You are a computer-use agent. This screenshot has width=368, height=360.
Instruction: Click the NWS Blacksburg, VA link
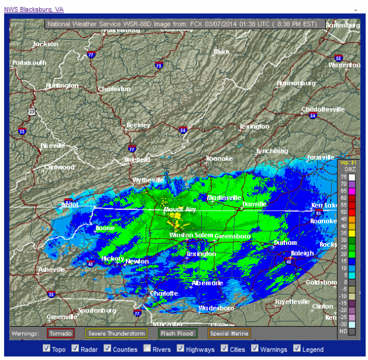coord(33,9)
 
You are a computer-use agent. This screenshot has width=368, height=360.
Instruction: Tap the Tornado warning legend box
coord(61,333)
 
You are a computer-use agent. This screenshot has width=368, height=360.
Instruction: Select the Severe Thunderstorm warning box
coord(116,333)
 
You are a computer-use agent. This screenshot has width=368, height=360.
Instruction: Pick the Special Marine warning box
coord(229,333)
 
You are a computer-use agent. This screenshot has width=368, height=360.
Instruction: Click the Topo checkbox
coord(47,349)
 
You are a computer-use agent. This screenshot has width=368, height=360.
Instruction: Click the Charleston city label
coord(114,89)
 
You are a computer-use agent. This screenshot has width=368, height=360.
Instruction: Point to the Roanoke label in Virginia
coord(219,159)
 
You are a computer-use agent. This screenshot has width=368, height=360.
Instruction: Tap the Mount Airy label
coord(180,210)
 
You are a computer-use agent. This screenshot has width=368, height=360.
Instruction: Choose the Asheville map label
coord(52,269)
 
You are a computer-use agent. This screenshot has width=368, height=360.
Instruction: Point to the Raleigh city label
coord(302,253)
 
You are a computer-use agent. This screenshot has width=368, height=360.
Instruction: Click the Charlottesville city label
coord(323,110)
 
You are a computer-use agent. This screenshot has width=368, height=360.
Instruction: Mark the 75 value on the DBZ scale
coord(344,177)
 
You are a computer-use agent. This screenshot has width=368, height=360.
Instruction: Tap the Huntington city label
coord(62,85)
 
